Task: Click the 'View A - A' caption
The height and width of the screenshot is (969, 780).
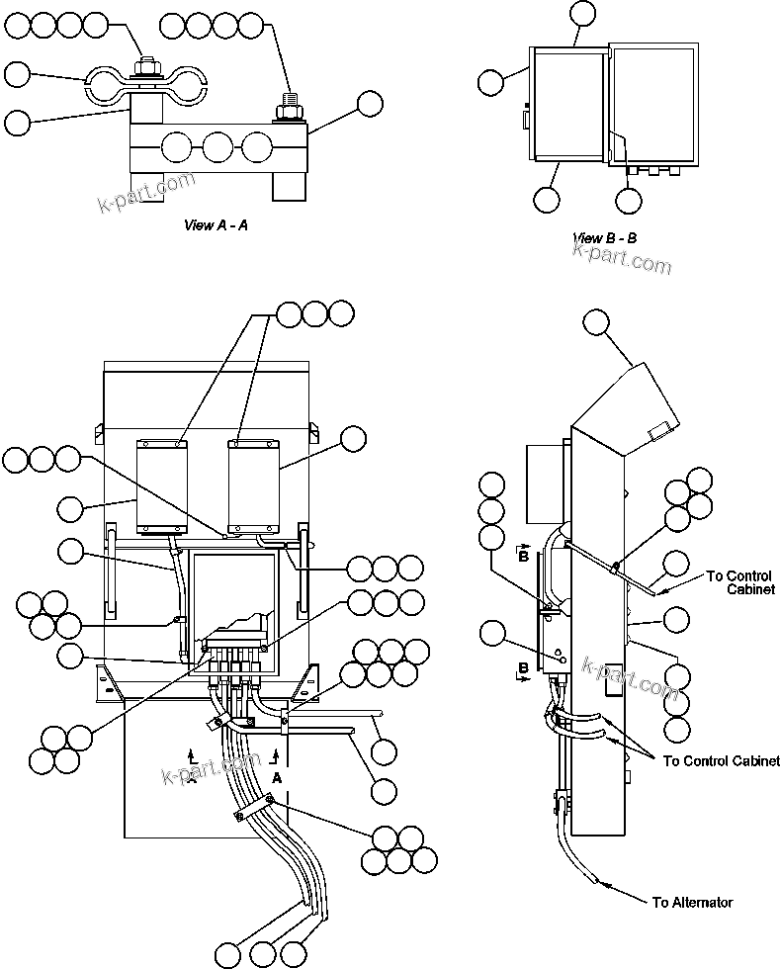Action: (x=216, y=225)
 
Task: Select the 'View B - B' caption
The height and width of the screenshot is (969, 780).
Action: (x=604, y=238)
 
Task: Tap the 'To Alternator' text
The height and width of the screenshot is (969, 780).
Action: (x=692, y=903)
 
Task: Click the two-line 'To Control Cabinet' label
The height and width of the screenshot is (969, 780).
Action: (x=740, y=583)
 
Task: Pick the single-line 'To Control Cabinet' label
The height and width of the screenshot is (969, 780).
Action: (x=721, y=760)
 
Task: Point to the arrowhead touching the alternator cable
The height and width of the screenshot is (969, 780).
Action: (x=600, y=881)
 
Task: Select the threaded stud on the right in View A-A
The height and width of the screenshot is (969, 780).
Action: (x=289, y=102)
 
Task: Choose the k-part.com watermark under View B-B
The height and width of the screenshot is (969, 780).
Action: (x=622, y=259)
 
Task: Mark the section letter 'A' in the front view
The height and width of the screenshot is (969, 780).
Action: (x=276, y=779)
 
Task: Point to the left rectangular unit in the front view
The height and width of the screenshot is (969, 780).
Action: (x=161, y=485)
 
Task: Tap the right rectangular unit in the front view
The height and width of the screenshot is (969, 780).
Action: (x=254, y=485)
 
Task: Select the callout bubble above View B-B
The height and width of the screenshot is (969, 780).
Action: (x=583, y=13)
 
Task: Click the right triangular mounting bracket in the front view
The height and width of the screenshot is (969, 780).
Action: (x=308, y=683)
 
